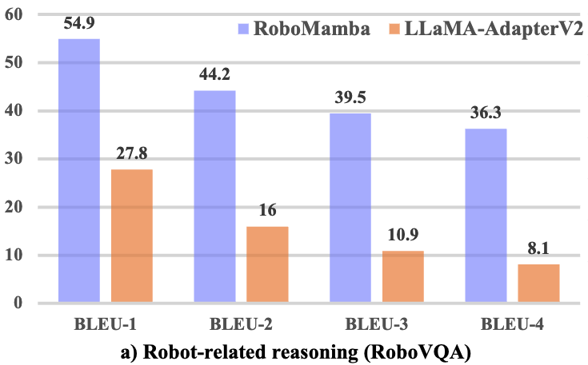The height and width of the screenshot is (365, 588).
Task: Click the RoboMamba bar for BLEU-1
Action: click(x=79, y=171)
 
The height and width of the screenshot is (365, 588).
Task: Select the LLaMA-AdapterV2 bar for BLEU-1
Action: click(x=132, y=236)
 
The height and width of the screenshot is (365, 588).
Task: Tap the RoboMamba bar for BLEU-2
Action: click(x=214, y=196)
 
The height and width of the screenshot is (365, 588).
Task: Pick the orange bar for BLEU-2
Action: click(x=267, y=265)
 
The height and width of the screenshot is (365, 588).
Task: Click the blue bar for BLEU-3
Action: click(x=350, y=208)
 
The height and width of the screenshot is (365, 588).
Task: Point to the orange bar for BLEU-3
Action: click(x=403, y=277)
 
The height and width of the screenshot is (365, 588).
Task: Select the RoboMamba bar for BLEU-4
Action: click(x=486, y=216)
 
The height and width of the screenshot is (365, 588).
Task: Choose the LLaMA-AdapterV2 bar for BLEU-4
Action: click(x=538, y=284)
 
